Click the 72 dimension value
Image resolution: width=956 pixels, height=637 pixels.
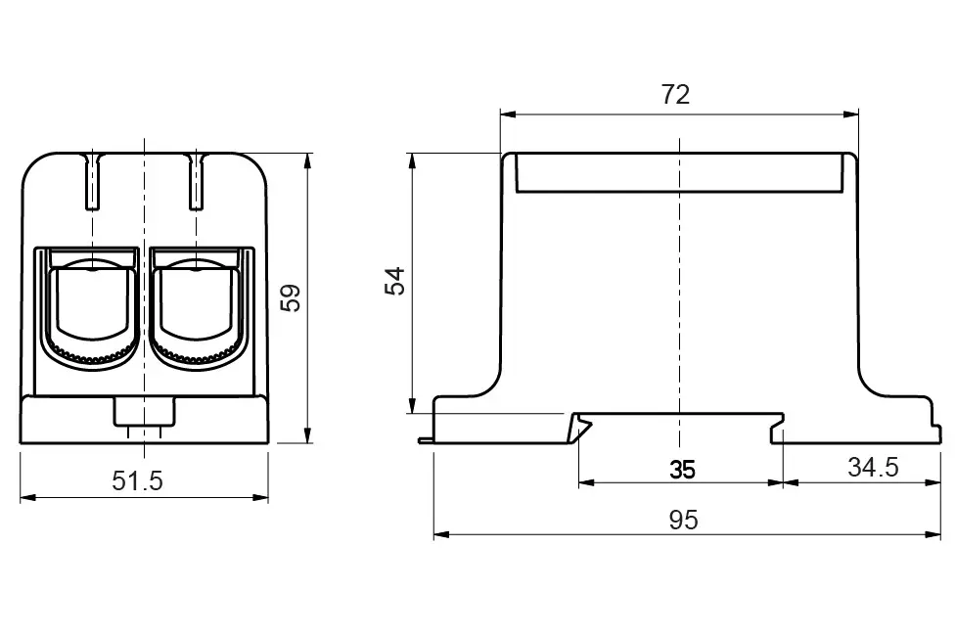click(675, 95)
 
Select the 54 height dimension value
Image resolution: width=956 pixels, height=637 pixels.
click(394, 281)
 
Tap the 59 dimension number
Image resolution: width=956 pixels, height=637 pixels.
click(291, 297)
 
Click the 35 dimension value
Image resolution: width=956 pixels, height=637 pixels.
click(682, 470)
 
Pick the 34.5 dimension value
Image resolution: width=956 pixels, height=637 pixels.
click(872, 468)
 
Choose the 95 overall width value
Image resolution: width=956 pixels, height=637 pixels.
click(684, 521)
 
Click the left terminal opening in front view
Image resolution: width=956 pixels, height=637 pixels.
click(90, 305)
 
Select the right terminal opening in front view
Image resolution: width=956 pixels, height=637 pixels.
click(196, 305)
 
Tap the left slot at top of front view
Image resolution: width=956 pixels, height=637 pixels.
click(92, 181)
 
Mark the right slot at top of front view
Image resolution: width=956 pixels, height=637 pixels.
click(196, 181)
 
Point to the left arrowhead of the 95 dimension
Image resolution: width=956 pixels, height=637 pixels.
click(439, 534)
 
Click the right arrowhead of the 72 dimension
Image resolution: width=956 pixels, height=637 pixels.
click(852, 114)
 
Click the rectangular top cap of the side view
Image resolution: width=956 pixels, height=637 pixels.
click(679, 172)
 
